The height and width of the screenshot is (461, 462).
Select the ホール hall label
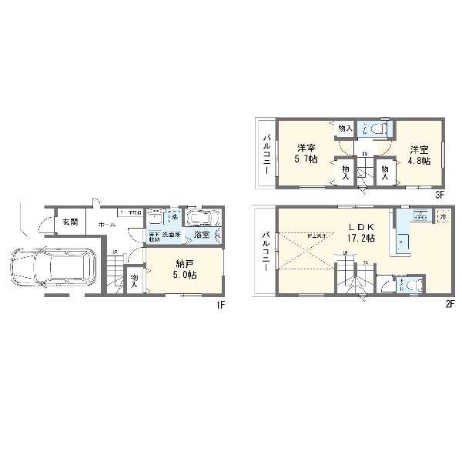coord(107,223)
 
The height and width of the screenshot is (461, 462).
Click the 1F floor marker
coord(219,304)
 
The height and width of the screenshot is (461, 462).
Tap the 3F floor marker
coord(439,195)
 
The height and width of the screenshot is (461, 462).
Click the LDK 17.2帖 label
coord(360,232)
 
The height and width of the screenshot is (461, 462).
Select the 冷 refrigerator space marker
coord(443,218)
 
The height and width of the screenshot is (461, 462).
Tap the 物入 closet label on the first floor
coord(135,280)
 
